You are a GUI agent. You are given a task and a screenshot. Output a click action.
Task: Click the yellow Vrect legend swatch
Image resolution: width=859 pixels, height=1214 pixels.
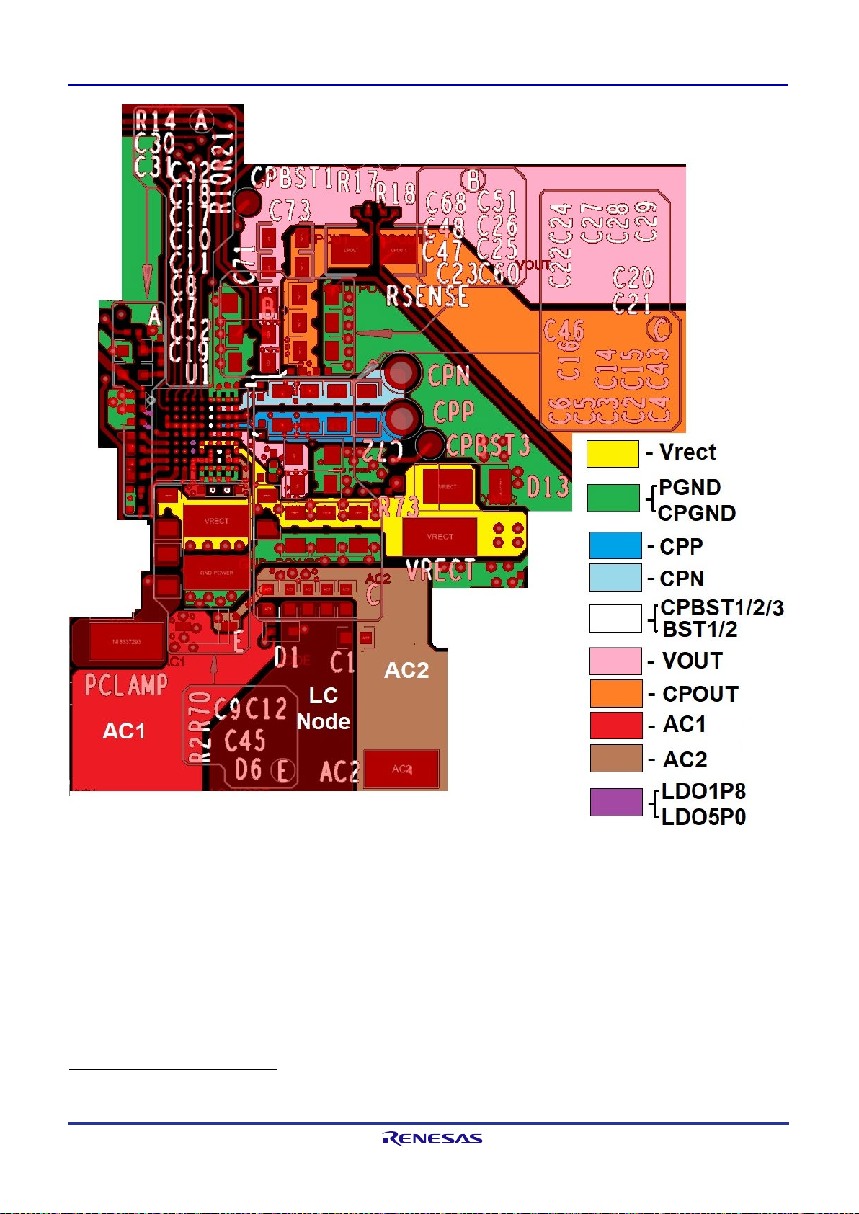pos(613,454)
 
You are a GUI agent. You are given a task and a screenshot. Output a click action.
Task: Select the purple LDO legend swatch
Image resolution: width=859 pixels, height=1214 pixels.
pos(616,802)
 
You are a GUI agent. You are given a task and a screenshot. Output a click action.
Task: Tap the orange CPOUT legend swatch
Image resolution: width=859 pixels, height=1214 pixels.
pos(616,693)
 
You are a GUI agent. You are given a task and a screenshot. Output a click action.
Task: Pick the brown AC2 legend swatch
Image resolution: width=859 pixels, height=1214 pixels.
pos(616,759)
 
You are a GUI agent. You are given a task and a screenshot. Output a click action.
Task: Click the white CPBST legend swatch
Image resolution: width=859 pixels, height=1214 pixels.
pos(615,618)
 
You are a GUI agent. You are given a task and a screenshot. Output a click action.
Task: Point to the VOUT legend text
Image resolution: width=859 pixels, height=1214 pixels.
pos(692,661)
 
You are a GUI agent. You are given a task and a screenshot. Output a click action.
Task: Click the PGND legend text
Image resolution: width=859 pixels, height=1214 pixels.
pos(690,488)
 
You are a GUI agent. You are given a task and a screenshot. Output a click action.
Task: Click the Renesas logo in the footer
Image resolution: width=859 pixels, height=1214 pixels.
pos(432,1138)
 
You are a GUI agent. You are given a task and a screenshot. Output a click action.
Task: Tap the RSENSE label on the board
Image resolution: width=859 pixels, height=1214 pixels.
pos(427,296)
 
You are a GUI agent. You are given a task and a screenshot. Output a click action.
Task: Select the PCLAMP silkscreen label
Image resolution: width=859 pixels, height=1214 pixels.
pos(126,684)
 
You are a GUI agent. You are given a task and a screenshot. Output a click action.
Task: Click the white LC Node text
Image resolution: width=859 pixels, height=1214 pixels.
pos(324,708)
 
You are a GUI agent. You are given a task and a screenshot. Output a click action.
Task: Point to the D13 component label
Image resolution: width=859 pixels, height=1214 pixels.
pos(548,487)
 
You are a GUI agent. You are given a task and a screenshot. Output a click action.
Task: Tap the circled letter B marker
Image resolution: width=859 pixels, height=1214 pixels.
pos(473,179)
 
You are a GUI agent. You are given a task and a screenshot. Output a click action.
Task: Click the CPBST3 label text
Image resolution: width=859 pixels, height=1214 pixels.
pos(489,445)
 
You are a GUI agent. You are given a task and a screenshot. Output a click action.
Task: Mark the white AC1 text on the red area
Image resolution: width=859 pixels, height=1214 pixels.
pos(124,731)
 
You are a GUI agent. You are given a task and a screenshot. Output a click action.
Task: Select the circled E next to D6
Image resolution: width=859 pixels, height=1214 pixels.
pos(283,771)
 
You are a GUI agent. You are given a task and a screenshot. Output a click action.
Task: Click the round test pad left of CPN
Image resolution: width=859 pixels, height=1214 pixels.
pos(401,373)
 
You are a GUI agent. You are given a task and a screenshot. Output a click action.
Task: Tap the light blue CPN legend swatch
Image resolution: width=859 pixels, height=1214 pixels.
pos(615,578)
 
